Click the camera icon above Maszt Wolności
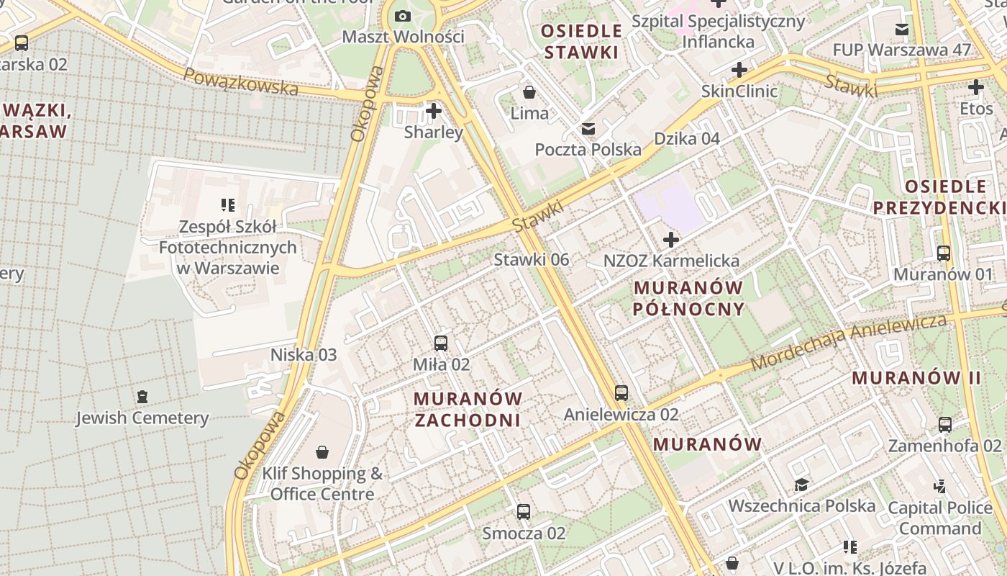(x=403, y=16)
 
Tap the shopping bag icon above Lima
(x=529, y=92)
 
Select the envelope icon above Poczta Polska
(x=588, y=129)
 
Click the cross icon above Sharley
(x=433, y=111)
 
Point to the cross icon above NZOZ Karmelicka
(x=671, y=239)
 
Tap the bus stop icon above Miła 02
(x=441, y=343)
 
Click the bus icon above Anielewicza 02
(x=621, y=393)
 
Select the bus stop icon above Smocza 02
(x=524, y=512)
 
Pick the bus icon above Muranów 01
(x=943, y=253)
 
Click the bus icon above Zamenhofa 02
(x=945, y=425)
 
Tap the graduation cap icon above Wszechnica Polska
(x=801, y=485)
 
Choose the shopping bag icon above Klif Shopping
(x=322, y=452)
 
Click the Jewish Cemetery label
(x=142, y=418)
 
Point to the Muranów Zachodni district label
(x=468, y=409)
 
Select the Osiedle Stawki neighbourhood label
(x=582, y=41)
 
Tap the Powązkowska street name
(x=240, y=81)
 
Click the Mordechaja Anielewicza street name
(x=849, y=343)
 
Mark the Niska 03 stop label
(x=304, y=354)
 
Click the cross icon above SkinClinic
(x=739, y=70)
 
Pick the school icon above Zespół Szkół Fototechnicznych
(x=228, y=205)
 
